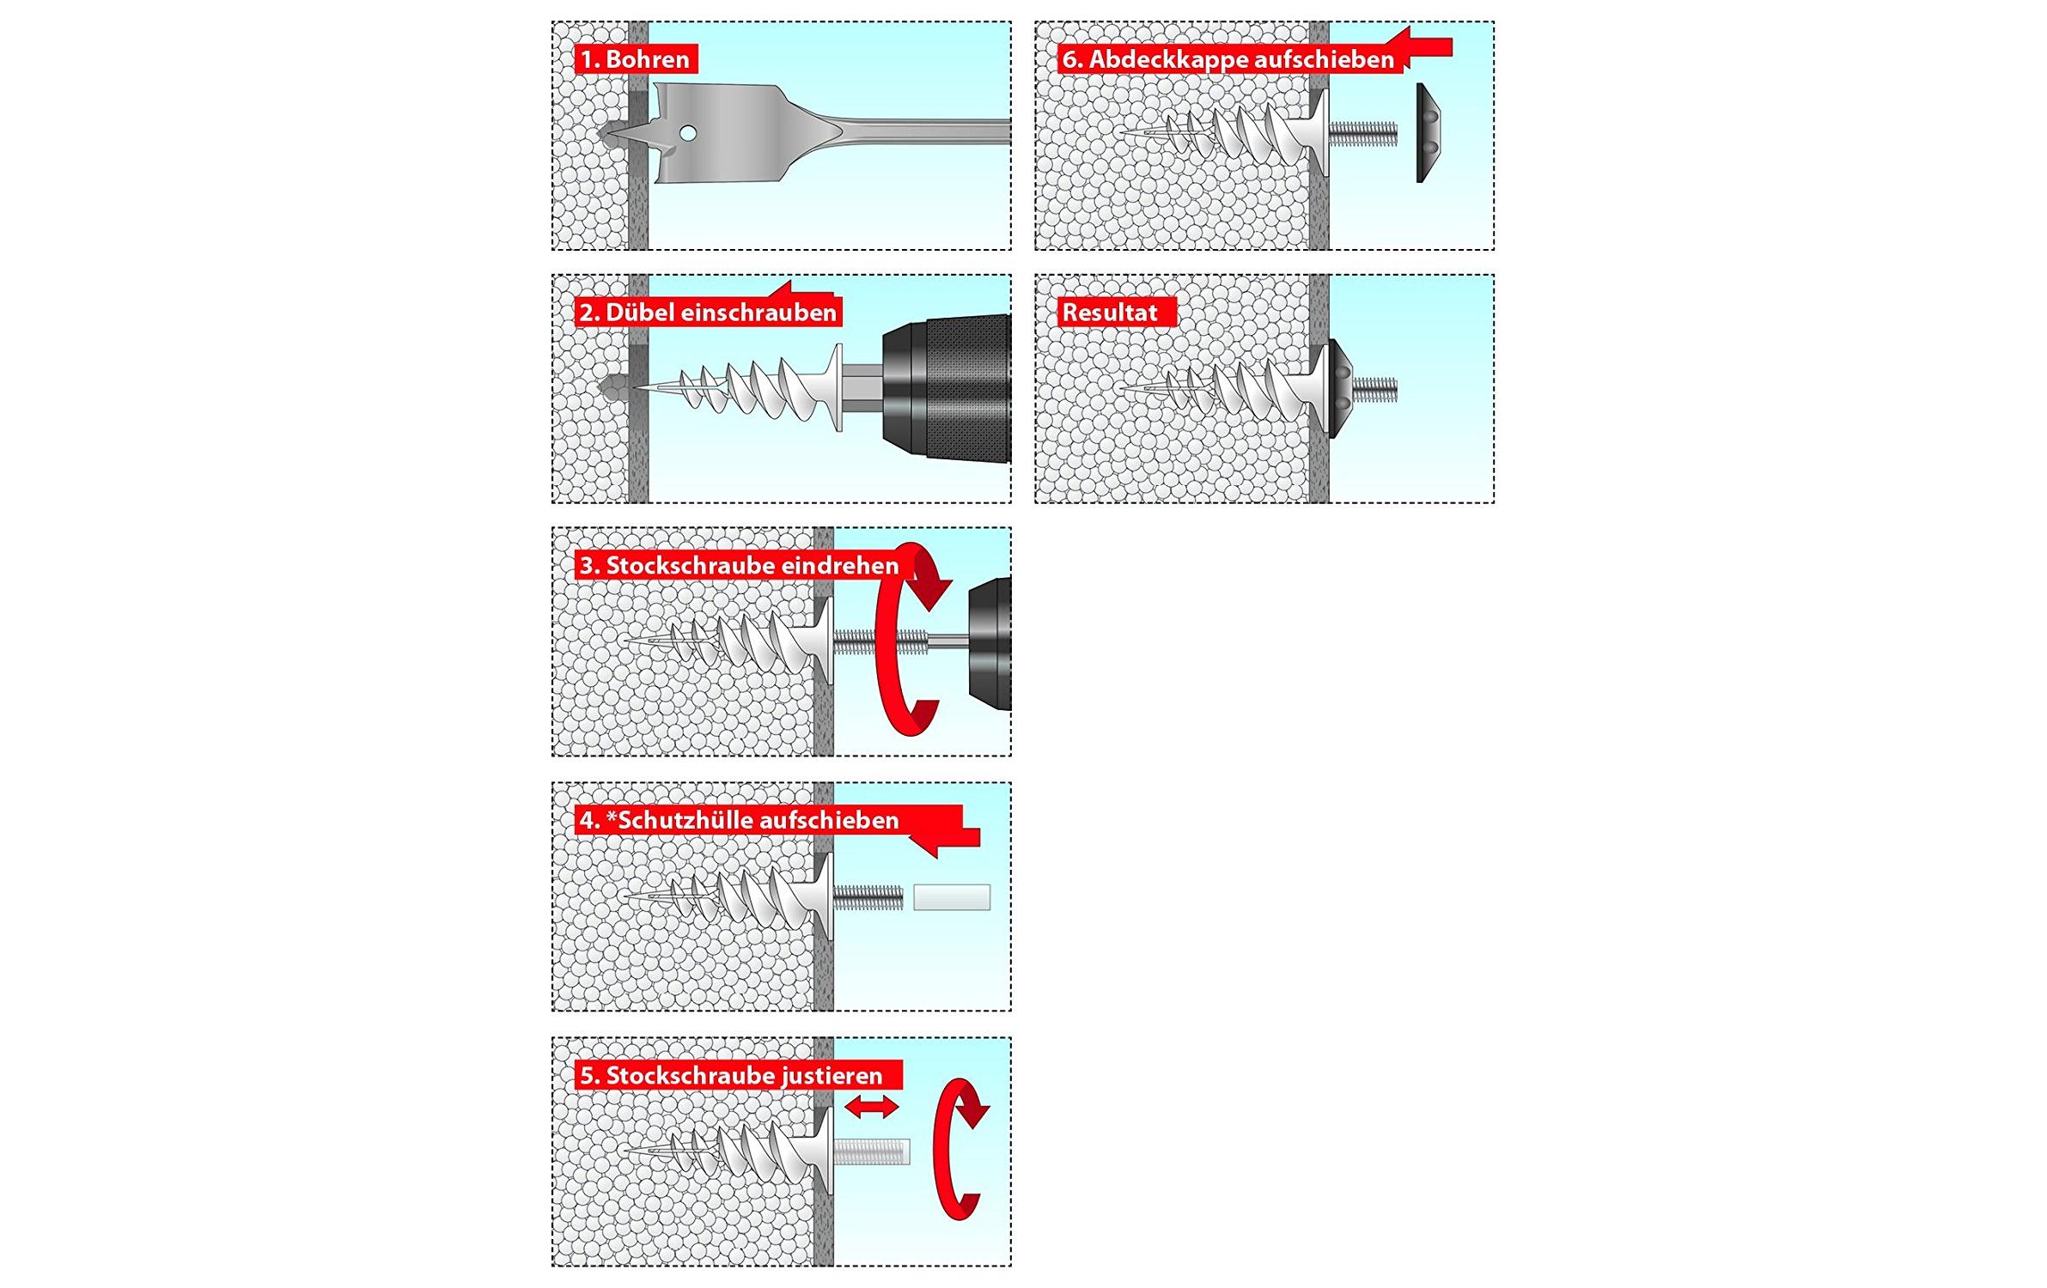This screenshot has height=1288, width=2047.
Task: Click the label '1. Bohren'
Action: tap(636, 59)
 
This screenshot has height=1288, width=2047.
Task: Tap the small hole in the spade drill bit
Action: tap(686, 134)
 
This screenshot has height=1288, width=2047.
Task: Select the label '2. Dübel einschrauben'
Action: tap(709, 312)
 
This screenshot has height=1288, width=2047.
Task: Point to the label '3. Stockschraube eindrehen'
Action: tap(739, 565)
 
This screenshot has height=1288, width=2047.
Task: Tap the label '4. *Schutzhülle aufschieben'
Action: tap(739, 820)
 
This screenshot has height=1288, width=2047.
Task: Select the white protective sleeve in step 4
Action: tap(952, 897)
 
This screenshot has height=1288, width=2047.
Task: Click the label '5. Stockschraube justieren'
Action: tap(731, 1075)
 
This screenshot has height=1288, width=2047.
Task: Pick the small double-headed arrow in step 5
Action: tap(872, 1108)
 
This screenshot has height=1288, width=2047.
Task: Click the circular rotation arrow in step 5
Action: tap(960, 1149)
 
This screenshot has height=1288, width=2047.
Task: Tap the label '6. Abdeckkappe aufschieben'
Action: tap(1228, 59)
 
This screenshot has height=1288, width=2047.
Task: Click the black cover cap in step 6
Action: tap(1429, 133)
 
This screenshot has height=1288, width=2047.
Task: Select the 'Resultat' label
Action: tap(1110, 312)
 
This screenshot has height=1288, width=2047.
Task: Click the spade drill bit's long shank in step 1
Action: tap(920, 131)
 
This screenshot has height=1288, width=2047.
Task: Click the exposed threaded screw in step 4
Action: tap(868, 897)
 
